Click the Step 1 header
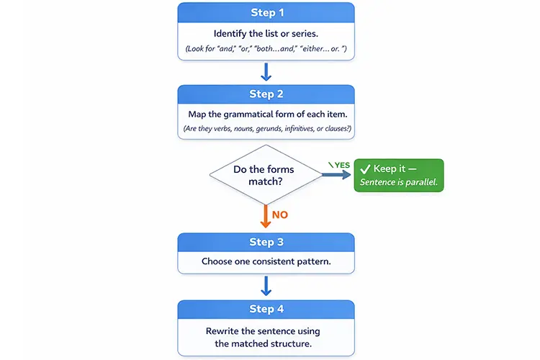coord(266,12)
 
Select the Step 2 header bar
coord(266,94)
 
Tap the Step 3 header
coord(266,242)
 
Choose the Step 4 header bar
coord(266,310)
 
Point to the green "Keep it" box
coord(399,176)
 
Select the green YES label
coord(341,165)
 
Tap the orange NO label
coord(281,214)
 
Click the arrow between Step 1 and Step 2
coord(266,71)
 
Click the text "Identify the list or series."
coord(266,34)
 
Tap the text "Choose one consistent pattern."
coord(266,261)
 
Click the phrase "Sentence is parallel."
coord(399,183)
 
